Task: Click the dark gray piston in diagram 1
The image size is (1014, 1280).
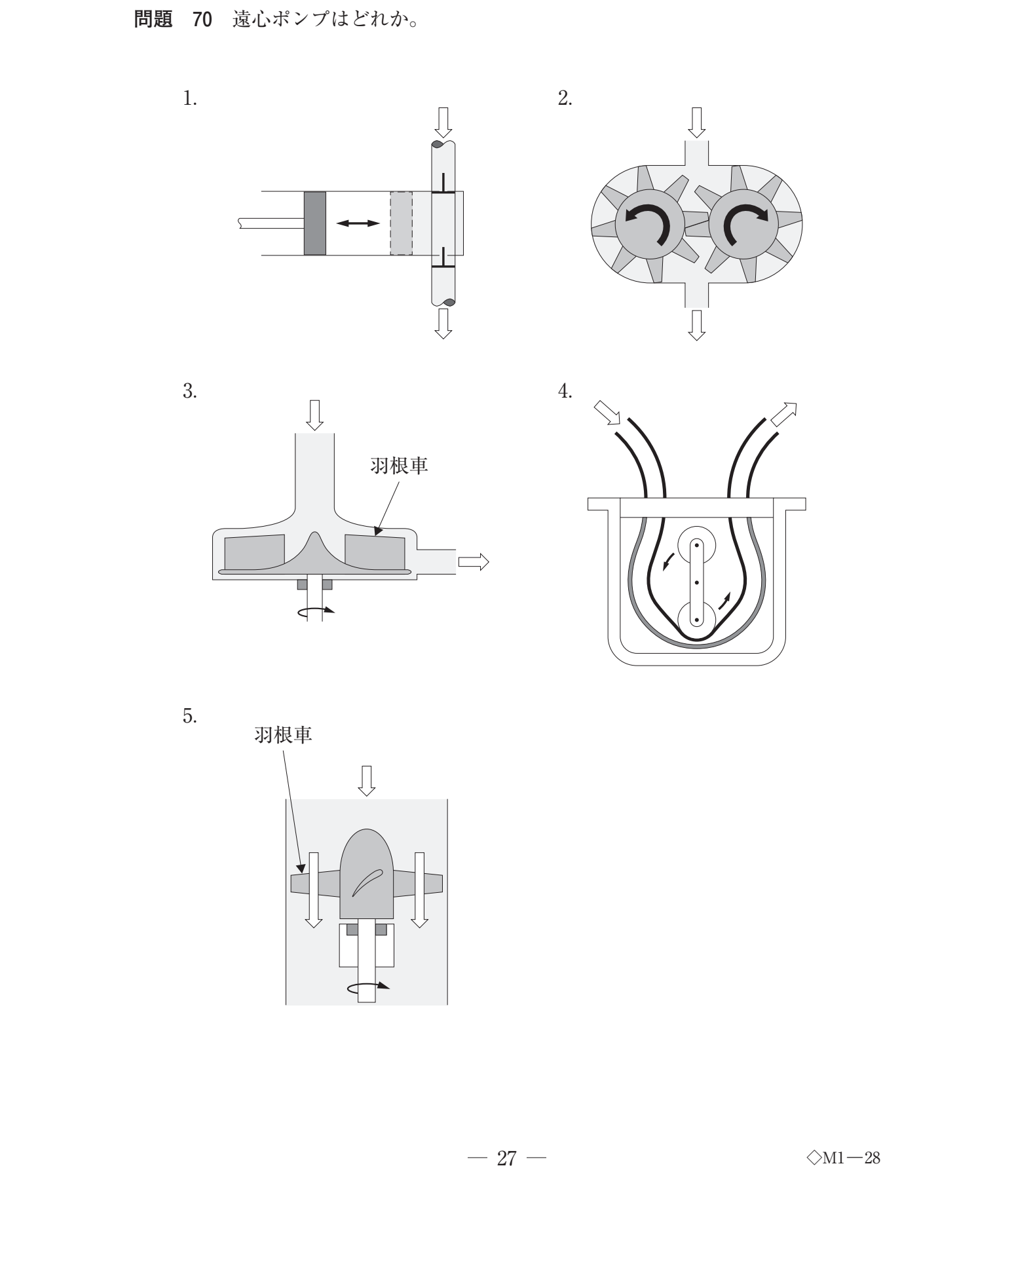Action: pos(315,223)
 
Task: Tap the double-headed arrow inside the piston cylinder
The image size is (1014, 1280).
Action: pos(358,223)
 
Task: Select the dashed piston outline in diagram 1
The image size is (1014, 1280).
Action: pos(401,223)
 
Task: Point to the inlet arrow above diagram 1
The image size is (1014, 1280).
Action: pos(443,122)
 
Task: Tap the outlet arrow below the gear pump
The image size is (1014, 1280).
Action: pos(696,325)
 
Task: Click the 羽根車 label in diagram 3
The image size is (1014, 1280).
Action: pos(400,466)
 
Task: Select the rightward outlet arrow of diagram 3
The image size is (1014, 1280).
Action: pos(474,561)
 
